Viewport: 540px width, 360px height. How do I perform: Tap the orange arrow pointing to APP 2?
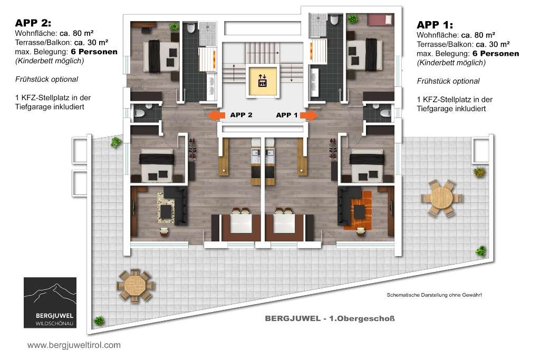point(216,115)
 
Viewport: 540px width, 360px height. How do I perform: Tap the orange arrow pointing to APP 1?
point(309,115)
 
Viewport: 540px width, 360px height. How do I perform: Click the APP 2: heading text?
point(33,23)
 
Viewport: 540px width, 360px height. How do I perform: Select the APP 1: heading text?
point(435,25)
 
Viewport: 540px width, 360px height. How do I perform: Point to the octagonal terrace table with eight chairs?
point(135,286)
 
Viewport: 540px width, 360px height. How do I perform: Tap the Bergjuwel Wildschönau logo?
point(50,303)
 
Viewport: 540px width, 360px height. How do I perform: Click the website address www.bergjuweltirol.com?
point(74,345)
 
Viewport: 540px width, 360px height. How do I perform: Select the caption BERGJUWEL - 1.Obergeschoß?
point(330,318)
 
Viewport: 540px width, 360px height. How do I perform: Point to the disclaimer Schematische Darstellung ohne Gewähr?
point(434,295)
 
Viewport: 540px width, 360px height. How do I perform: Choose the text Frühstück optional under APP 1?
point(448,81)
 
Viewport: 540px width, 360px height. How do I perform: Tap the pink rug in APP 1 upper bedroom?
point(380,20)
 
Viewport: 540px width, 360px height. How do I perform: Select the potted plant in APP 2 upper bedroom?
point(174,26)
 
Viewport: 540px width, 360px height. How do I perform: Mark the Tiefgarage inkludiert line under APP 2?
point(50,106)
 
